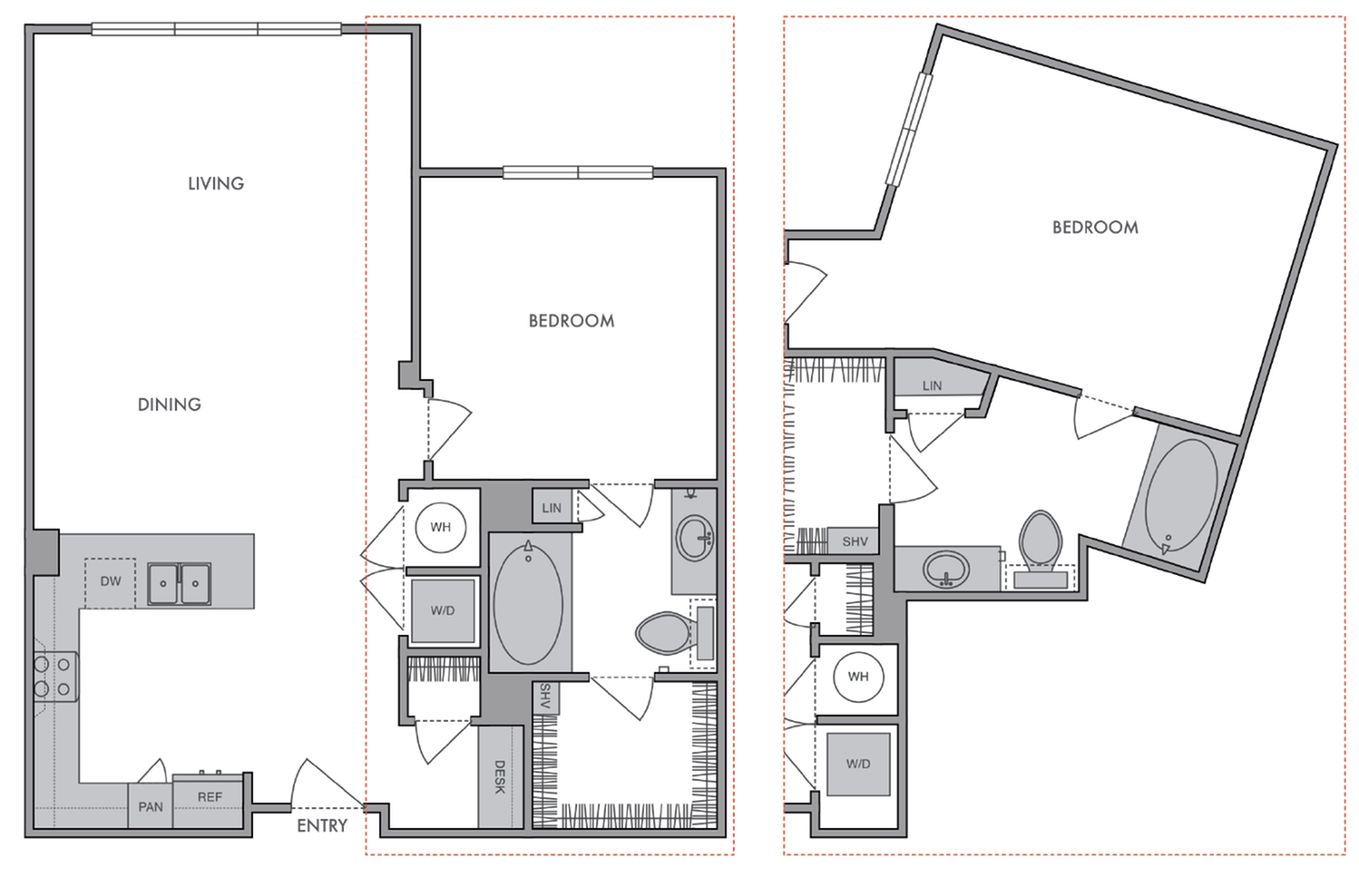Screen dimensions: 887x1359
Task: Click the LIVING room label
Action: [x=216, y=183]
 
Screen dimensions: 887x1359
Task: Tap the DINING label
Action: [x=170, y=405]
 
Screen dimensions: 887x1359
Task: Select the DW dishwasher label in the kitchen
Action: [x=111, y=581]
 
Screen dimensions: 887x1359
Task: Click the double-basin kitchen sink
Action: [x=180, y=583]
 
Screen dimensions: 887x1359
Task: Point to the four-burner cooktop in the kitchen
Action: [x=54, y=677]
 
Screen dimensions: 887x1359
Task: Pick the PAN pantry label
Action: [x=151, y=806]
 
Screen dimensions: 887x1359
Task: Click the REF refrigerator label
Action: [x=210, y=796]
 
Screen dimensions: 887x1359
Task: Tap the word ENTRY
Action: [x=322, y=825]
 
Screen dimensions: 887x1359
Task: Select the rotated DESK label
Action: [x=500, y=777]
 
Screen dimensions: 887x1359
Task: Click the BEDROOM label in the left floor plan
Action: [x=572, y=321]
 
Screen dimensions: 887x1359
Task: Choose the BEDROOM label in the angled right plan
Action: [x=1095, y=228]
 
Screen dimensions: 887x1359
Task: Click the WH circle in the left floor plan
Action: [x=441, y=527]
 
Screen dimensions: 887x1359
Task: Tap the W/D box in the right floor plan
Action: [x=858, y=764]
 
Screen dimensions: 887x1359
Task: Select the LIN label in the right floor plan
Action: [x=932, y=385]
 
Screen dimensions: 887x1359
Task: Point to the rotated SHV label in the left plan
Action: [x=545, y=697]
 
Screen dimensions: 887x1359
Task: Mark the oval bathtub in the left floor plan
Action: [x=528, y=603]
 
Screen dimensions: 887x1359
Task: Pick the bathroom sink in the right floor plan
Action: [x=946, y=570]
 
